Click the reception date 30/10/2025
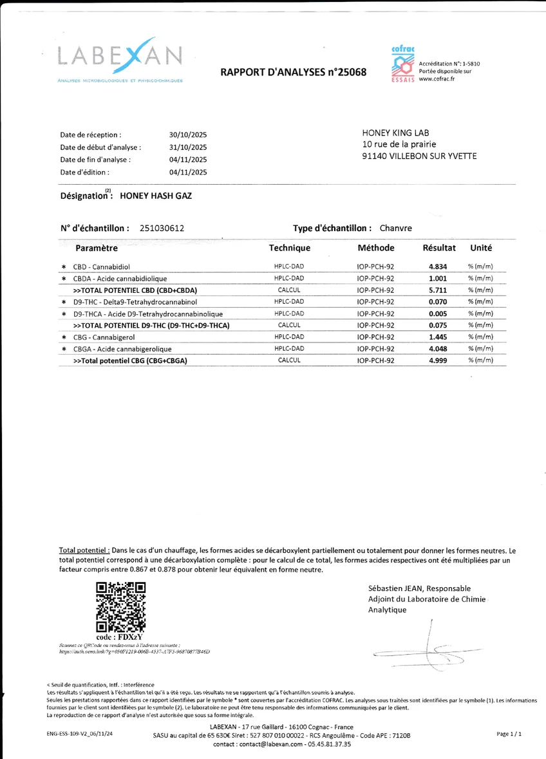click(x=187, y=135)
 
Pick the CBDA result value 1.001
click(x=438, y=278)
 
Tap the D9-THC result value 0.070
click(x=438, y=301)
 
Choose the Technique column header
click(x=289, y=248)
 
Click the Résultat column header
click(x=438, y=248)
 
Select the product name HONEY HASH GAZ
click(x=151, y=196)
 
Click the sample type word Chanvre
click(x=395, y=228)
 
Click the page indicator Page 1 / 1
click(x=509, y=733)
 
